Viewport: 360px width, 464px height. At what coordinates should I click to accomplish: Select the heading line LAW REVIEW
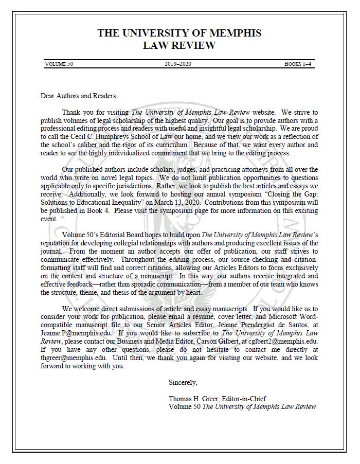click(x=179, y=46)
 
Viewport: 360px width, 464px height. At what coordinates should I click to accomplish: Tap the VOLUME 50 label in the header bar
click(x=59, y=64)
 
